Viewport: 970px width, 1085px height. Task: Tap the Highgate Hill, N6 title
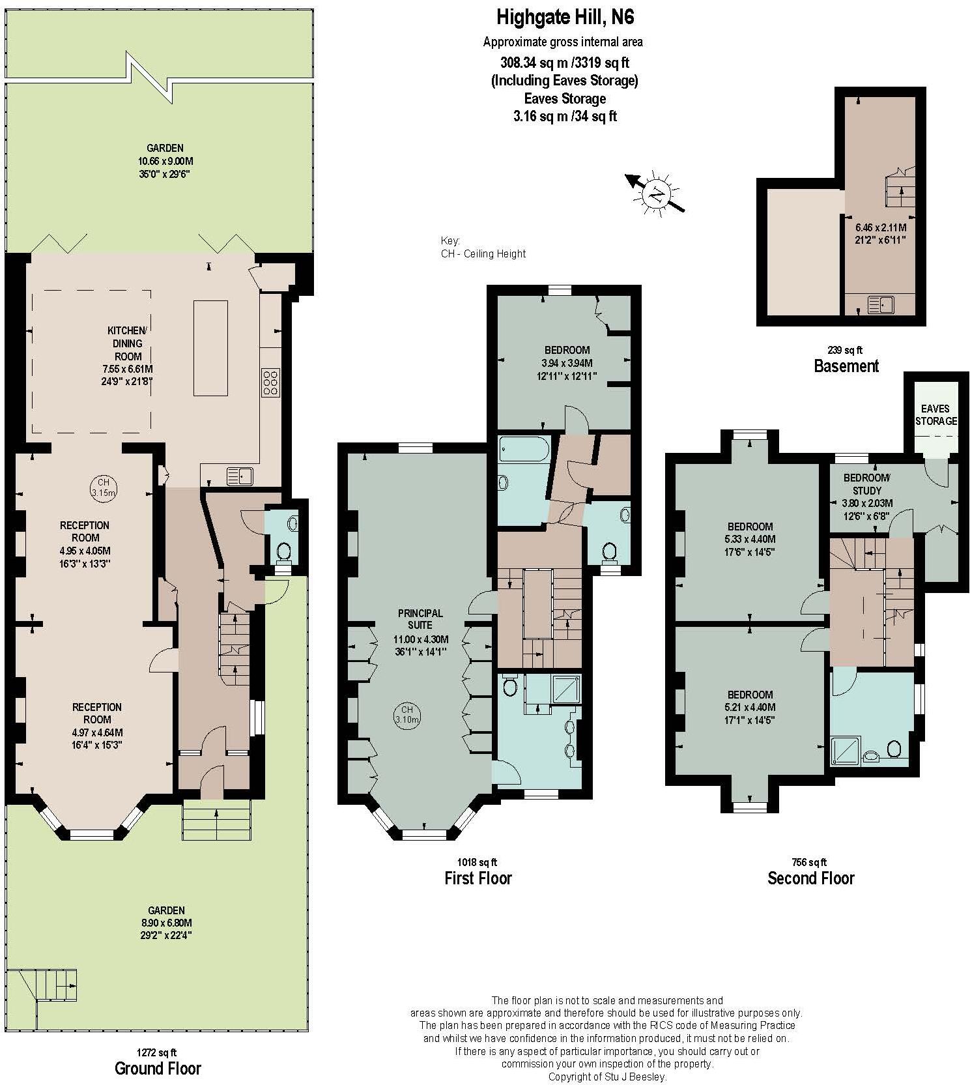564,16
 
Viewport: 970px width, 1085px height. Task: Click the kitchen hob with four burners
270,383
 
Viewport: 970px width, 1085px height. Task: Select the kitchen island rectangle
210,348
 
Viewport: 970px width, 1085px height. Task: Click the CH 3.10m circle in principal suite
407,714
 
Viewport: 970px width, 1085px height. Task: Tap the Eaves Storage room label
936,414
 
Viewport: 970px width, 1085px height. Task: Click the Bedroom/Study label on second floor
866,484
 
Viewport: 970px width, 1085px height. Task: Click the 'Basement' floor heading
846,366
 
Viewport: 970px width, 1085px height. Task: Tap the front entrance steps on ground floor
217,820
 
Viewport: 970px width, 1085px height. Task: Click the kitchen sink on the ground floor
239,476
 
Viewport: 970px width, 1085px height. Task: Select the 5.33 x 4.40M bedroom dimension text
750,539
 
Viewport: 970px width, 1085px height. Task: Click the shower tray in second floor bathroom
846,750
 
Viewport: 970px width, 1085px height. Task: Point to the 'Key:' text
450,240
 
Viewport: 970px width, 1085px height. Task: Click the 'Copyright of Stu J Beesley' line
607,1077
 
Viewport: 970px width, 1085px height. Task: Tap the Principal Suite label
420,619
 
